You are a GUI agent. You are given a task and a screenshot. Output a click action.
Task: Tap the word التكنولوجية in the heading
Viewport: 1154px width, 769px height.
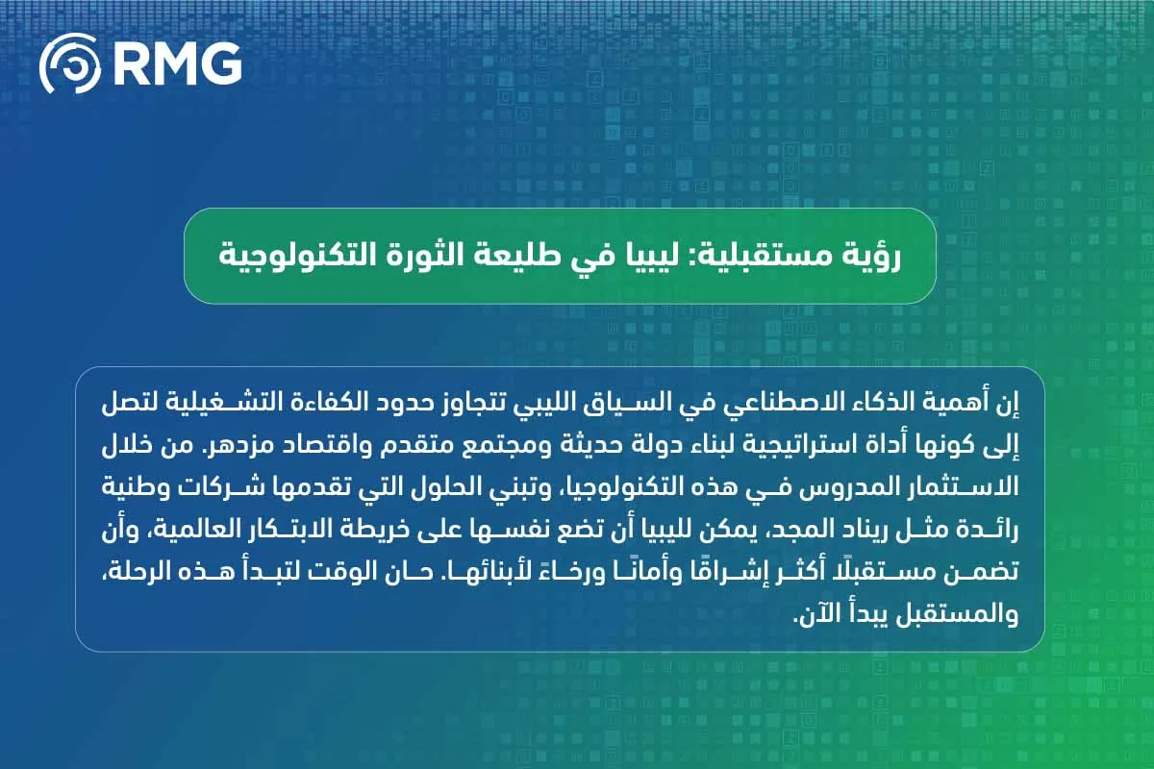[x=279, y=256]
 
